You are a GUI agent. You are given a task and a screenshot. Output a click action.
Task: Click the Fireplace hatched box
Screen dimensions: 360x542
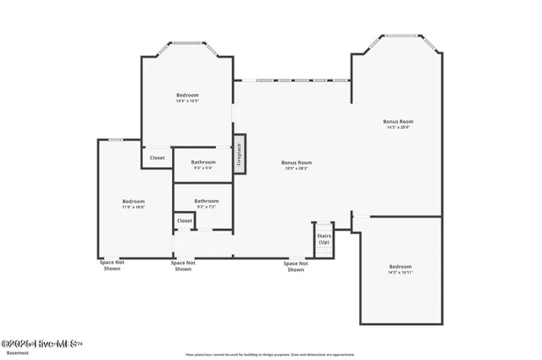pyautogui.click(x=240, y=154)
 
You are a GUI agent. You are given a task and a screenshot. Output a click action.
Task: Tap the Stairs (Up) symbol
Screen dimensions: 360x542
pyautogui.click(x=324, y=239)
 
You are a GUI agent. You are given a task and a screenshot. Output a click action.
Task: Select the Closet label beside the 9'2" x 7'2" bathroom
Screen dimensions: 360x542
pyautogui.click(x=184, y=220)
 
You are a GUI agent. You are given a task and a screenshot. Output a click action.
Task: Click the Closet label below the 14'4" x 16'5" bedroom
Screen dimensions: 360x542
pyautogui.click(x=158, y=158)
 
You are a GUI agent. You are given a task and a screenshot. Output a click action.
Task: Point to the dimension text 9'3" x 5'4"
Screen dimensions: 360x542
pyautogui.click(x=203, y=168)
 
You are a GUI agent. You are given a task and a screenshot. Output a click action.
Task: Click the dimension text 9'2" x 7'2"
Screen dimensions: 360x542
pyautogui.click(x=207, y=207)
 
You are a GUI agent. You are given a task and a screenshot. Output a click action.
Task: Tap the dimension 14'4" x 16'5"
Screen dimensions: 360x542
pyautogui.click(x=187, y=101)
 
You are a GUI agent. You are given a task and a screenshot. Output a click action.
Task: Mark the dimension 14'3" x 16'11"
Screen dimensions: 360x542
pyautogui.click(x=400, y=273)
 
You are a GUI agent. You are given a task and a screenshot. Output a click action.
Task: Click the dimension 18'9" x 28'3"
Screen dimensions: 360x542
pyautogui.click(x=296, y=168)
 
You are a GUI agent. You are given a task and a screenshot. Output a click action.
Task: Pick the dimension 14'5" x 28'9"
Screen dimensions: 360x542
pyautogui.click(x=398, y=128)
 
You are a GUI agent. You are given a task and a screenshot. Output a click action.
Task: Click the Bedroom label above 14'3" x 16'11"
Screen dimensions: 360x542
pyautogui.click(x=400, y=267)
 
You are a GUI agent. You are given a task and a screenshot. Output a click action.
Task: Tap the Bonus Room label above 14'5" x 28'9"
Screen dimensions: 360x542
pyautogui.click(x=398, y=122)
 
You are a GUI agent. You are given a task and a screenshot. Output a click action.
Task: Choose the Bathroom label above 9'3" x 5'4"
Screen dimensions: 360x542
pyautogui.click(x=203, y=162)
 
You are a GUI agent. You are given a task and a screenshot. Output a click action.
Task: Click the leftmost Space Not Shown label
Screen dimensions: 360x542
pyautogui.click(x=113, y=266)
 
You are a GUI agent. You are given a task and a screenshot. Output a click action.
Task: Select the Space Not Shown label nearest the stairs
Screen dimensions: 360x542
pyautogui.click(x=295, y=266)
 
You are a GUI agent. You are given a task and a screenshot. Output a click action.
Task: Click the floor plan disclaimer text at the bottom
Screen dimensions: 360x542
pyautogui.click(x=271, y=355)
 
